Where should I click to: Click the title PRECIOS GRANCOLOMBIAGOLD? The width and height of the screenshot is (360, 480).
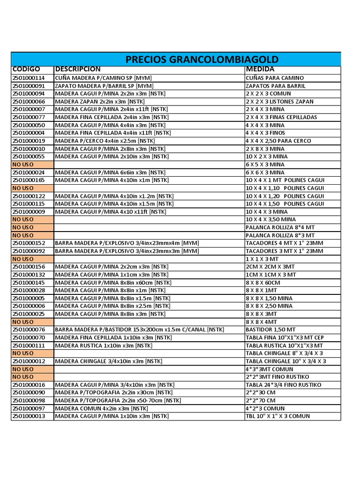click(x=202, y=60)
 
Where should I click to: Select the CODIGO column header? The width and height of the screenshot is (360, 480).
click(x=26, y=69)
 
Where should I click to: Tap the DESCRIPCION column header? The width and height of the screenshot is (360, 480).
click(x=78, y=69)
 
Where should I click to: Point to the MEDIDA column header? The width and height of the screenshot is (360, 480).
click(x=260, y=69)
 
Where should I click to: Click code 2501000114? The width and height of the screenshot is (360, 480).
click(x=29, y=78)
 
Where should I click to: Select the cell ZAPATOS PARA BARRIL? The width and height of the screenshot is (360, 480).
click(x=276, y=86)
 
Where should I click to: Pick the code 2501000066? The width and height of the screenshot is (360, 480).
click(x=29, y=102)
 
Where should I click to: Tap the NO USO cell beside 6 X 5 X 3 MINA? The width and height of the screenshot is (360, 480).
click(x=23, y=165)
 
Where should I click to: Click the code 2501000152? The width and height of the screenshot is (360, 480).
click(x=29, y=243)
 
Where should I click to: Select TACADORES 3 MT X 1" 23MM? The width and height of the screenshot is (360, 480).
click(x=284, y=251)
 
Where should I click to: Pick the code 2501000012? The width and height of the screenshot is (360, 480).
click(x=29, y=361)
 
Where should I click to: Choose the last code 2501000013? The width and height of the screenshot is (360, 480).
click(x=29, y=416)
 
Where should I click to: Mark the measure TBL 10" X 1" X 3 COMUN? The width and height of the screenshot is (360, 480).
click(x=277, y=416)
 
